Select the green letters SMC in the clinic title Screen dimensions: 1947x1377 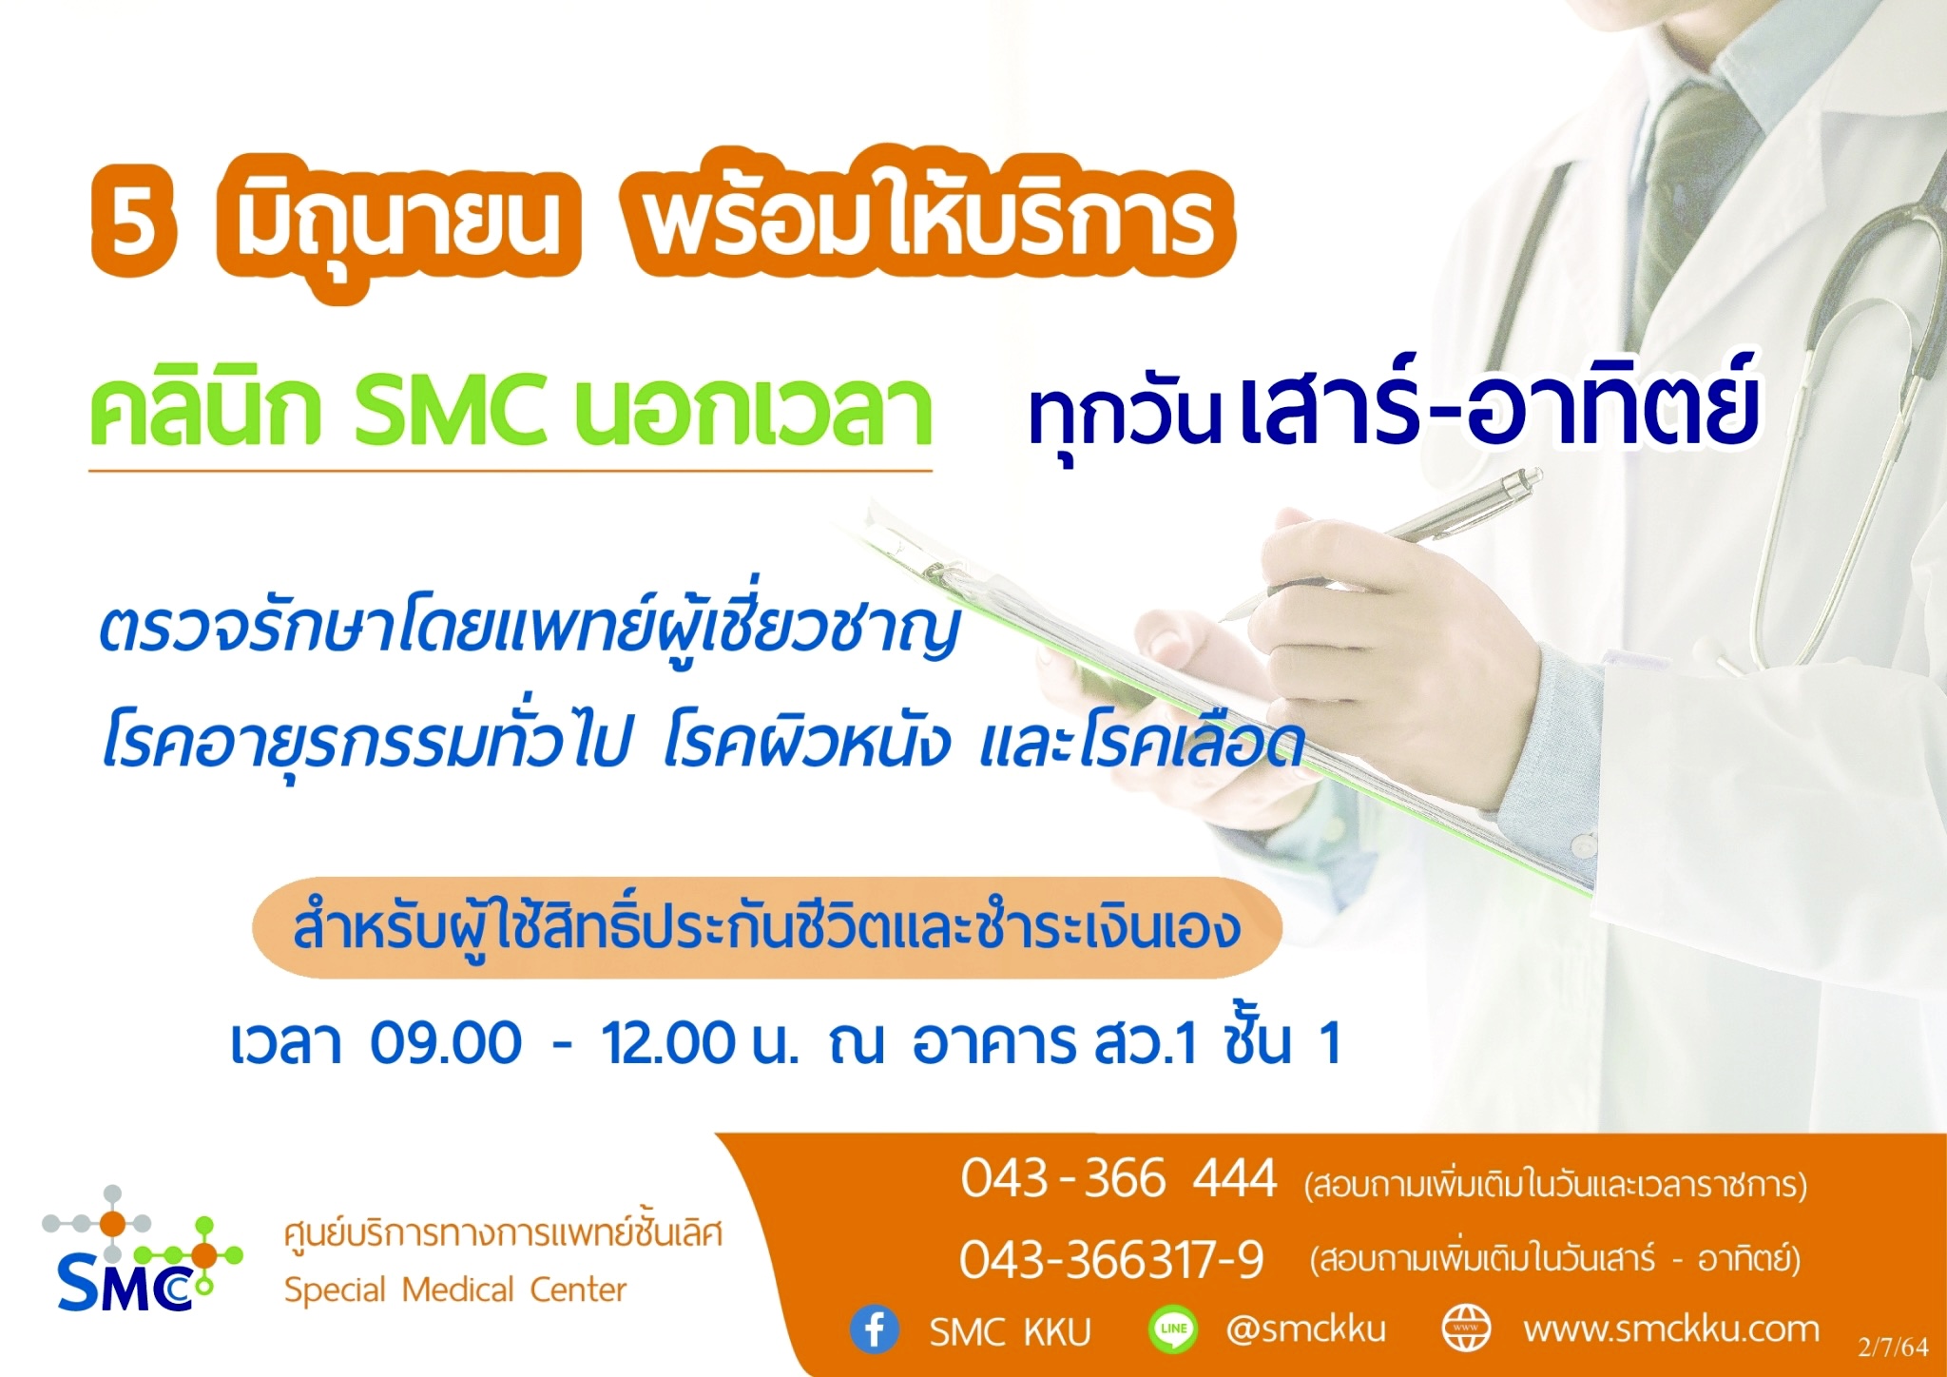451,411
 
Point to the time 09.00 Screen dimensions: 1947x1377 446,1042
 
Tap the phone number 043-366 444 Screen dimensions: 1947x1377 1119,1179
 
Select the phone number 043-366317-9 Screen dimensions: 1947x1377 1111,1261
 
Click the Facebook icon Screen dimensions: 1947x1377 875,1329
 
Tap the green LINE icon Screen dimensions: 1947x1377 1173,1329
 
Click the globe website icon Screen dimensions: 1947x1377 1466,1329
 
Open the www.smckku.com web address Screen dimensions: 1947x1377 1671,1329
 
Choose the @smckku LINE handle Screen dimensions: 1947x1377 1305,1329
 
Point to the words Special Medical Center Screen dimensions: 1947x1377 455,1290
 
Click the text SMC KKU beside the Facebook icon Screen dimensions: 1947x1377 1011,1332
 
